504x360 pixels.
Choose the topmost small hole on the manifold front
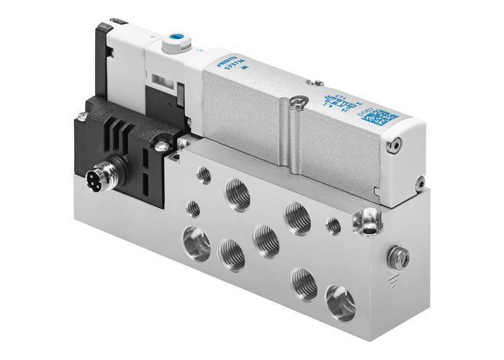(205, 174)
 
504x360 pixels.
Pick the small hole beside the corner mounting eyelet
(333, 226)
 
